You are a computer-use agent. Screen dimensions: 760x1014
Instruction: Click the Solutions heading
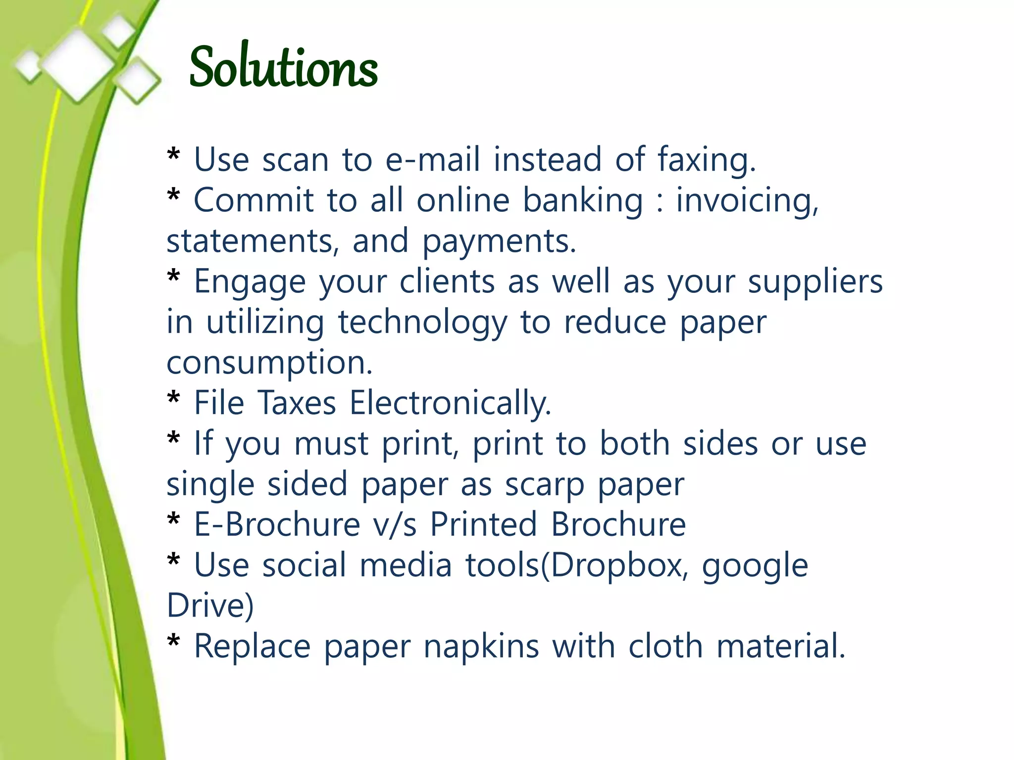pos(283,67)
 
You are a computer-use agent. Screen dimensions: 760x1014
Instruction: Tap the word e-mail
pos(433,159)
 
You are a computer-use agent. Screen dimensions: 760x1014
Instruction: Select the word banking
pos(583,201)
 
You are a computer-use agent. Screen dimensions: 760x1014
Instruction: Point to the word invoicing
pos(747,201)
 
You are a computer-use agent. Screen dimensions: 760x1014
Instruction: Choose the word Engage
pos(250,282)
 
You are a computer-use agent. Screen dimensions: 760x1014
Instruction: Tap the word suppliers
pos(815,282)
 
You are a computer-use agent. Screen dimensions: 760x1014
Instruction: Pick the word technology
pos(422,323)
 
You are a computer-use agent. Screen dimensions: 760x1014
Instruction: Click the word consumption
pos(269,363)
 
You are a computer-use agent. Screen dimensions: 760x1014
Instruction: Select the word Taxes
pos(297,403)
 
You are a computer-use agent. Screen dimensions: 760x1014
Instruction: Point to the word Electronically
pos(450,403)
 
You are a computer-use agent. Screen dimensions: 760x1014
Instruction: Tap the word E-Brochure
pos(277,524)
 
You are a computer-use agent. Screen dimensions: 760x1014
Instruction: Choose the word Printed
pos(483,524)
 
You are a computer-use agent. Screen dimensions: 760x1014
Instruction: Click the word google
pos(755,566)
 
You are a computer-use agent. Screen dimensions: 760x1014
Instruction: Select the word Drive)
pos(210,605)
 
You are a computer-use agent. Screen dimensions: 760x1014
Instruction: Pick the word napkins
pos(481,646)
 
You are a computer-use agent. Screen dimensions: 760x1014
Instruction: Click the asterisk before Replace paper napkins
pos(174,642)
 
